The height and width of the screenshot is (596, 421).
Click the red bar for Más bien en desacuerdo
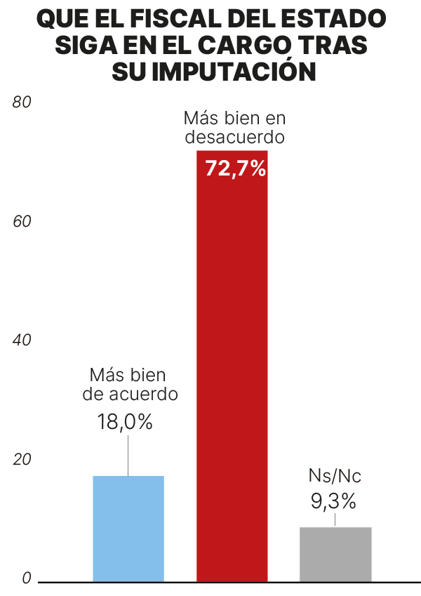coord(232,366)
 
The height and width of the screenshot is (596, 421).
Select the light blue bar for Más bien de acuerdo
coord(128,529)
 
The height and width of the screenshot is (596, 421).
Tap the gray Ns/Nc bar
coord(335,554)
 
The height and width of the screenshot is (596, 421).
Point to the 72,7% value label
coord(236,168)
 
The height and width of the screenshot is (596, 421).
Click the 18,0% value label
coord(125,421)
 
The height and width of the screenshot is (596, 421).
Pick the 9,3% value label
coord(333,501)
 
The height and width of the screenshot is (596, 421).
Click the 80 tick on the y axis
coord(22,102)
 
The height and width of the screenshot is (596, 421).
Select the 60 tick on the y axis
coord(22,222)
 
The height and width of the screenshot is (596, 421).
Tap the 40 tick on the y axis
coord(22,340)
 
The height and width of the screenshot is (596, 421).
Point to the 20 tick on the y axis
coord(22,460)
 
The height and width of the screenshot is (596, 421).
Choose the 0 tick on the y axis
coord(26,578)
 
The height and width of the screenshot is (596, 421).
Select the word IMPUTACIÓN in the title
coord(234,71)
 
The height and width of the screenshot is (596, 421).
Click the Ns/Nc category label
coord(335,476)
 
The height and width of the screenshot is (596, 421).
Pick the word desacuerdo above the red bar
coord(235,137)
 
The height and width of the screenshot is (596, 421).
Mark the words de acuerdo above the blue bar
coord(131,394)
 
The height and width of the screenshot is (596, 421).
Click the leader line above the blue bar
coord(128,456)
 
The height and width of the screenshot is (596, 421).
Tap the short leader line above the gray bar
coord(335,519)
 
